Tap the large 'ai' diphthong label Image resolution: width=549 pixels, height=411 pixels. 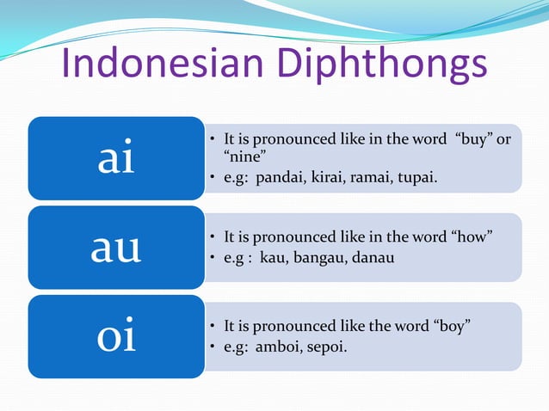point(116,159)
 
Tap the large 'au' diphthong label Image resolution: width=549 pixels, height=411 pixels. point(116,248)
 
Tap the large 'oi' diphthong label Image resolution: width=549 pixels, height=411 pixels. point(116,336)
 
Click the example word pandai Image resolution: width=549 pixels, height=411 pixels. point(282,178)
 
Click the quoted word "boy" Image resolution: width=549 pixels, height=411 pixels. point(453,326)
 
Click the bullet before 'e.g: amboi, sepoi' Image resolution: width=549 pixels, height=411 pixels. point(213,347)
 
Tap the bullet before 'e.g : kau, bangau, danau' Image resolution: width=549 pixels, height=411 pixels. point(213,258)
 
